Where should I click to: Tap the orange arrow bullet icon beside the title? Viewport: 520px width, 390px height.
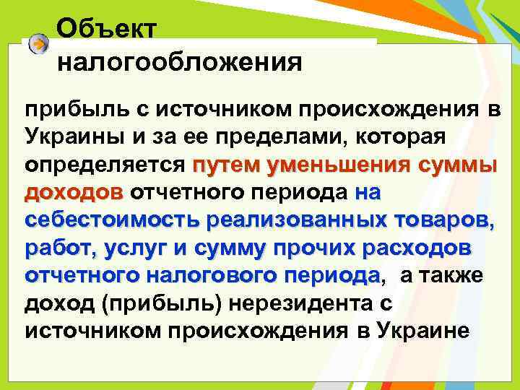click(x=39, y=45)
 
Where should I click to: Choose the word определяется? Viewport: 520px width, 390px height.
click(x=105, y=164)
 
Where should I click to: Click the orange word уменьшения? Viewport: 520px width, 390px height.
click(x=339, y=164)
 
